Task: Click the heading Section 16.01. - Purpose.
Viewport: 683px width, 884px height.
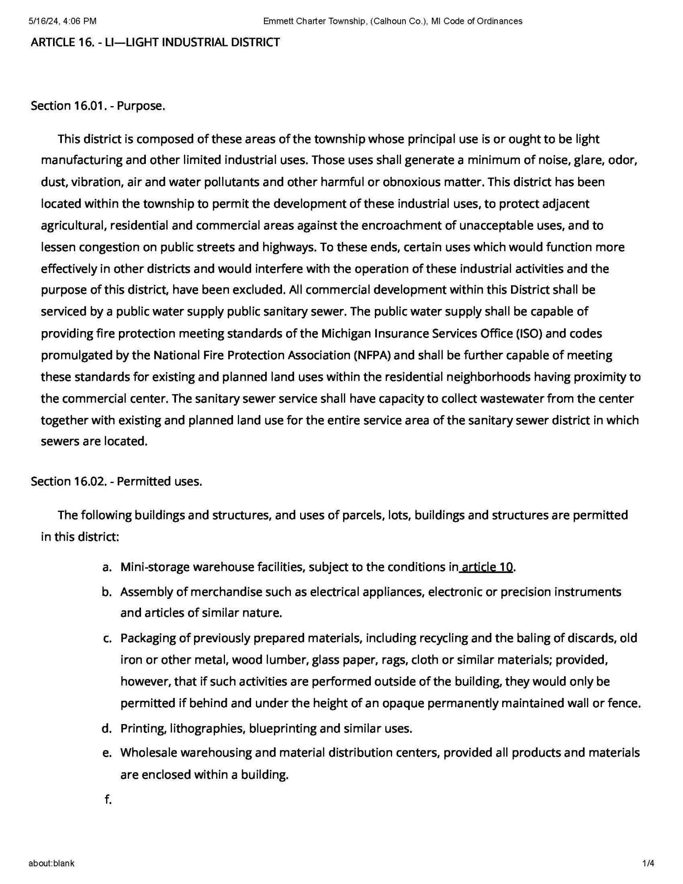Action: (x=98, y=106)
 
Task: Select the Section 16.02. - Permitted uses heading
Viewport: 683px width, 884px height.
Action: (x=116, y=481)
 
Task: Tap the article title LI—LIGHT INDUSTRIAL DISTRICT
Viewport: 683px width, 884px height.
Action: (x=155, y=42)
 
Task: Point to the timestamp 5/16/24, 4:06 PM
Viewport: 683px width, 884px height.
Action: (x=62, y=21)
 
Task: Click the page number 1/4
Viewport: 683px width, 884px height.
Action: (x=649, y=863)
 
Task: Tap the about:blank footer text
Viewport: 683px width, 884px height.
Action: (x=51, y=863)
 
